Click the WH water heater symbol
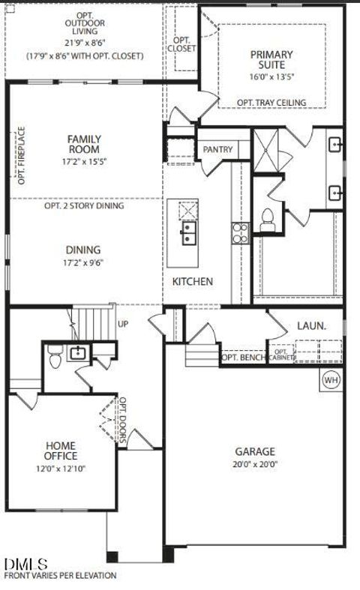coord(331,380)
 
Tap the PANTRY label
coord(217,150)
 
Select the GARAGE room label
coord(255,451)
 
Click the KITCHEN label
coord(193,282)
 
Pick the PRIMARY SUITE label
coord(271,60)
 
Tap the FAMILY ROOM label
coord(84,144)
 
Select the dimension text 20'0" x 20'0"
coord(255,463)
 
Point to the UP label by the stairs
coord(124,324)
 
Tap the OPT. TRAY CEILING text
coord(271,103)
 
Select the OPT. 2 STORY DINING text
coord(84,205)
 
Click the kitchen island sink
coord(187,233)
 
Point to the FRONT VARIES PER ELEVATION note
coord(60,576)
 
